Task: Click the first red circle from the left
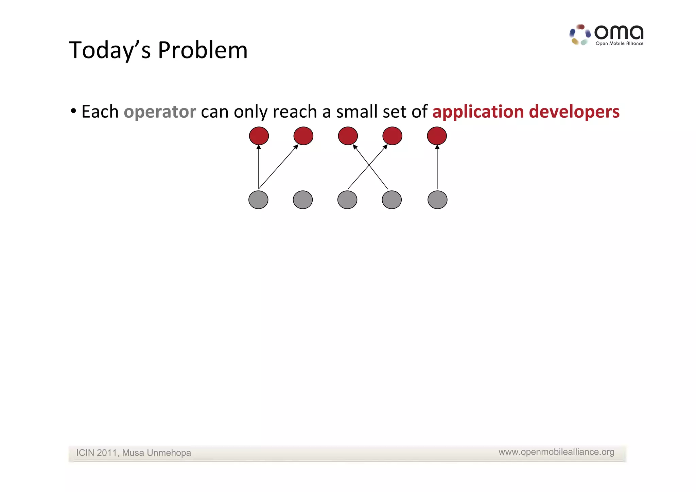[259, 136]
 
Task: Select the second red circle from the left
[303, 136]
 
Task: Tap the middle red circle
[348, 136]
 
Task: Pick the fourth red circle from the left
[392, 136]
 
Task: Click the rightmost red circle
[437, 136]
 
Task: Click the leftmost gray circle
[258, 200]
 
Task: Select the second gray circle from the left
[303, 200]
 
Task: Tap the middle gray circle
[347, 200]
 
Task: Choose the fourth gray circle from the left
[392, 200]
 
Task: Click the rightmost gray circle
[437, 200]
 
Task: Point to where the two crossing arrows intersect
[369, 166]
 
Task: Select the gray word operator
[160, 112]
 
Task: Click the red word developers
[574, 112]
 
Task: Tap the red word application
[478, 112]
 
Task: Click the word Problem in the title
[203, 50]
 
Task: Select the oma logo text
[619, 33]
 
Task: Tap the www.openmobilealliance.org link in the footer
[556, 452]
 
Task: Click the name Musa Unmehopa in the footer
[156, 453]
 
